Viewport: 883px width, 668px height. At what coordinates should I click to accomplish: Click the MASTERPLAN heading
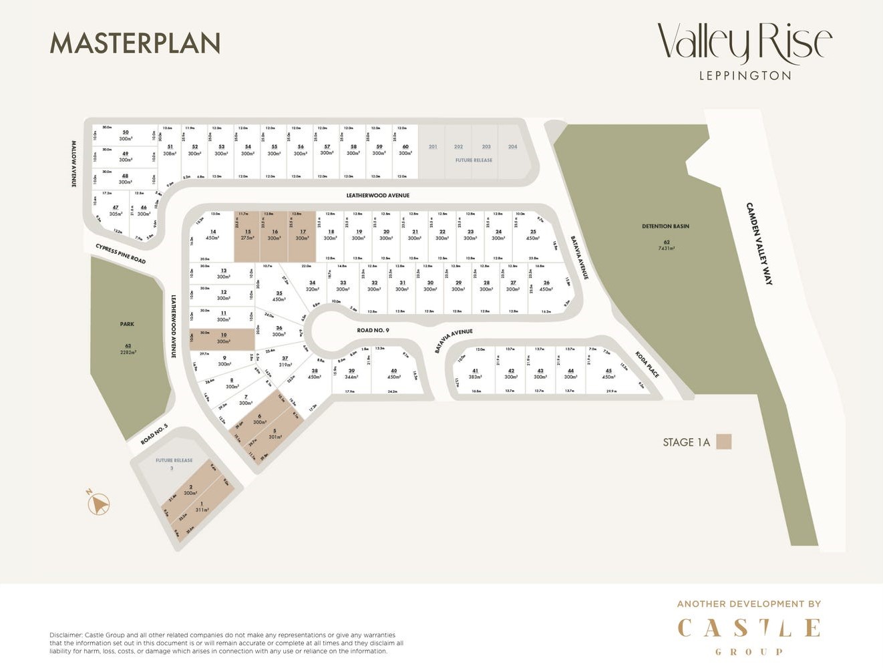click(135, 43)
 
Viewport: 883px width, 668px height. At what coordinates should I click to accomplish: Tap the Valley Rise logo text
click(745, 43)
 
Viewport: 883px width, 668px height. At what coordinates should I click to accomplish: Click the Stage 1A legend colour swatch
click(723, 442)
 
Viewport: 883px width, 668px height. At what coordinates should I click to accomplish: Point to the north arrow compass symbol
click(98, 504)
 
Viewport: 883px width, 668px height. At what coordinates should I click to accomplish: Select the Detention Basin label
click(665, 226)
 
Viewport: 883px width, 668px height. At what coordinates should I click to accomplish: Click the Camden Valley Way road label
click(759, 243)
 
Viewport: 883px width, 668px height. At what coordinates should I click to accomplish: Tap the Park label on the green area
click(127, 324)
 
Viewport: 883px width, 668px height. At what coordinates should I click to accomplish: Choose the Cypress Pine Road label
click(120, 254)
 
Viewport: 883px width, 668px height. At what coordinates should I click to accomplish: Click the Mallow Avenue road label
click(74, 164)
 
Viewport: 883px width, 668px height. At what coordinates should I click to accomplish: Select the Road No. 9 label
click(373, 330)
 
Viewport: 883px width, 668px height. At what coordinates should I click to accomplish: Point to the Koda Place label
click(647, 365)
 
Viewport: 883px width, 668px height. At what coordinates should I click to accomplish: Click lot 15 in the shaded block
click(248, 235)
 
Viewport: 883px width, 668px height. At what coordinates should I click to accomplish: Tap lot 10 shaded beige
click(223, 339)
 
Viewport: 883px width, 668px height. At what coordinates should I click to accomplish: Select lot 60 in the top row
click(405, 150)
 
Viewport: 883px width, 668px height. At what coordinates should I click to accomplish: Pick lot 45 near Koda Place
click(608, 373)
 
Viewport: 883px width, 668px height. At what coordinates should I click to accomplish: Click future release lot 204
click(512, 147)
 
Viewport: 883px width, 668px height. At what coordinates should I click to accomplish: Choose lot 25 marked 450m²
click(533, 235)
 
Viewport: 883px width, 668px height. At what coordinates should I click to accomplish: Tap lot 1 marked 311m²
click(202, 507)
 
